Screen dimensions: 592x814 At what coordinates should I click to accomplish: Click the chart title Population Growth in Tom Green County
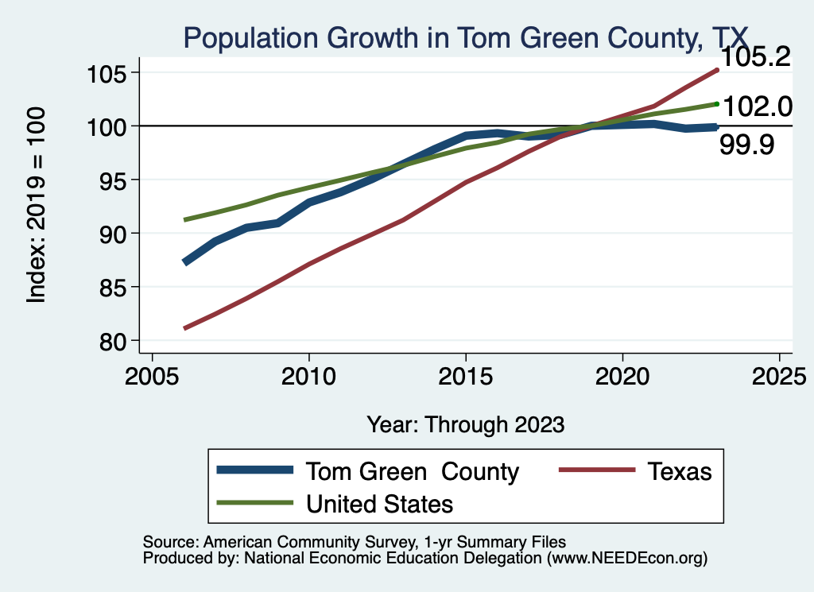465,36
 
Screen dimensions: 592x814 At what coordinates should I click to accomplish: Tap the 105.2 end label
754,57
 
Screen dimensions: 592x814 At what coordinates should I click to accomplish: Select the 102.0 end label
755,106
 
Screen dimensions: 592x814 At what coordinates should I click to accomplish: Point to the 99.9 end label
746,145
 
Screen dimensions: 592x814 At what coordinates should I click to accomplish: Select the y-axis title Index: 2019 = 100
37,205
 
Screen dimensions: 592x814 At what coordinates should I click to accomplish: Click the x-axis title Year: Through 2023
465,424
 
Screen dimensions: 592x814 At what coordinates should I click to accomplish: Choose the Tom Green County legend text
413,471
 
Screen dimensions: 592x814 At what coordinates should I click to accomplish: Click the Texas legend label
680,471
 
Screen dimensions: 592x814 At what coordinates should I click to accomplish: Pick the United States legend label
379,503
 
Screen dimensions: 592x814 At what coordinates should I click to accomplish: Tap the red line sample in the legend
597,471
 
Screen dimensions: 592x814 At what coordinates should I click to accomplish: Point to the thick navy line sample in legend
255,471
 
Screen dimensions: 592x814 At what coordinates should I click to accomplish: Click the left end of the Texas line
185,327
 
